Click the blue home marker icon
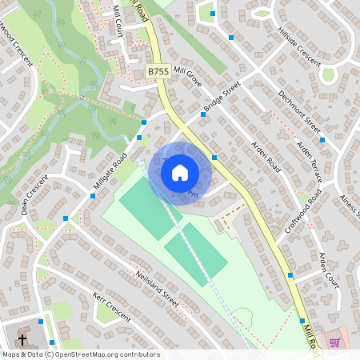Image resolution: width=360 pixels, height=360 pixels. tap(180, 173)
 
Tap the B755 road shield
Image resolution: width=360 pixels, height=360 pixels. tap(158, 72)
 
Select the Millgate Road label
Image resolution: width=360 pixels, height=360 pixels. tap(110, 172)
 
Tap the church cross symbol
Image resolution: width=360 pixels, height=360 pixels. tap(22, 338)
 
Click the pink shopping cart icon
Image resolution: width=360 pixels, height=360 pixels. tap(335, 342)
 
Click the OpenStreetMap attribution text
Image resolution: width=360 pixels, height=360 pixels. tap(81, 354)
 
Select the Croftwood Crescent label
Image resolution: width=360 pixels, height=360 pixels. tap(15, 37)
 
